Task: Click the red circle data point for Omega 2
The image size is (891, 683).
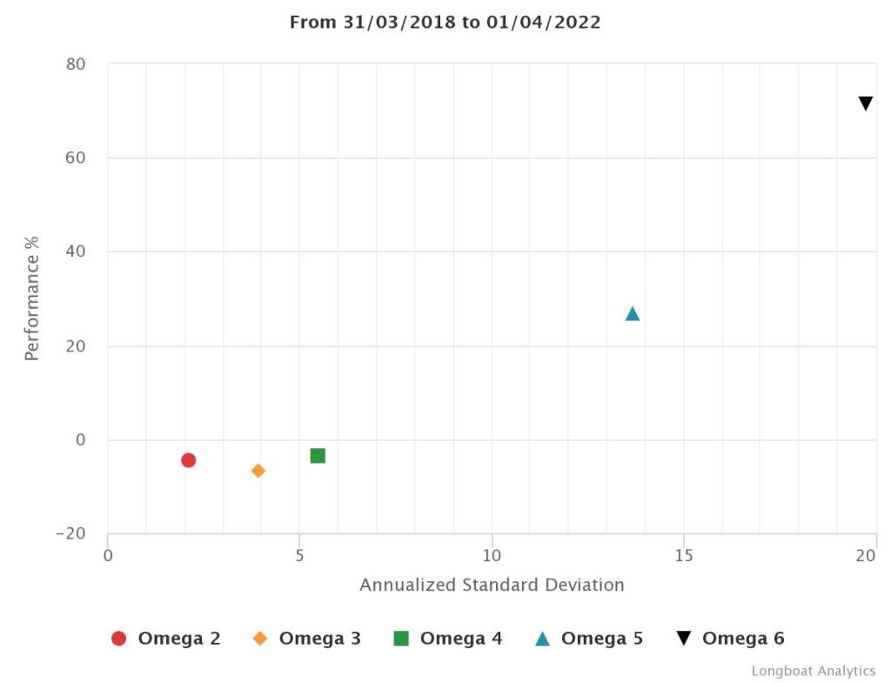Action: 188,460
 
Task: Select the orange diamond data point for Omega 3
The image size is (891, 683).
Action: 258,471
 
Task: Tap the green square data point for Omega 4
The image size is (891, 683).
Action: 318,456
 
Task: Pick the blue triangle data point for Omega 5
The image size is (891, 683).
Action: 633,314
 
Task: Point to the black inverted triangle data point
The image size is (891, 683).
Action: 866,104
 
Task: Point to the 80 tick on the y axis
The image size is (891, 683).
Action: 75,64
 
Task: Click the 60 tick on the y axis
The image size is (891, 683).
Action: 75,158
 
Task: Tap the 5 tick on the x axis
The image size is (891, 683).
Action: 299,555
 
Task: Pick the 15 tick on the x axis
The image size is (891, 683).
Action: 683,555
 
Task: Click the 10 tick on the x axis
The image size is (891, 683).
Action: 492,555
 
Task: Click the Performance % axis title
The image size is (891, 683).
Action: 32,298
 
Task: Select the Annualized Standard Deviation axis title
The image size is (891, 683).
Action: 492,585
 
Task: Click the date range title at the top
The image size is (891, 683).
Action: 445,23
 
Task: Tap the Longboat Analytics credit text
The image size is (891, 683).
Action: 814,671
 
